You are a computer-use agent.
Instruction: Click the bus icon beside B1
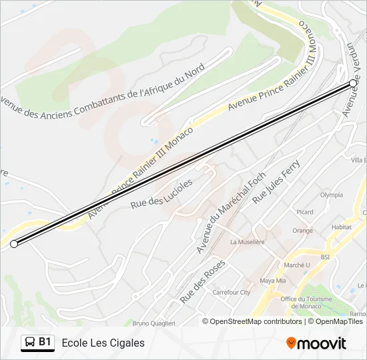pyautogui.click(x=30, y=343)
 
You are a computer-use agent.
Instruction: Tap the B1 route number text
pyautogui.click(x=45, y=343)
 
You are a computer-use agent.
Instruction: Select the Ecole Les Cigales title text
pyautogui.click(x=103, y=343)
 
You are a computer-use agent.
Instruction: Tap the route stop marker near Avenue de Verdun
pyautogui.click(x=353, y=83)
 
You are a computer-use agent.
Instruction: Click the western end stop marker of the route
pyautogui.click(x=14, y=244)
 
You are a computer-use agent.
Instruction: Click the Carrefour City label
pyautogui.click(x=231, y=292)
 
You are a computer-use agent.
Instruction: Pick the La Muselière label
pyautogui.click(x=248, y=243)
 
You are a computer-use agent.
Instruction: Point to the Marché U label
pyautogui.click(x=297, y=265)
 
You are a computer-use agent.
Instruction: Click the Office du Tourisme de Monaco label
pyautogui.click(x=306, y=303)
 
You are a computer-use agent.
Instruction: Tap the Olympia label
pyautogui.click(x=331, y=195)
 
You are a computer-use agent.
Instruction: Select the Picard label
pyautogui.click(x=304, y=213)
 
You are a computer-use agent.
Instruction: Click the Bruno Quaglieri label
pyautogui.click(x=153, y=323)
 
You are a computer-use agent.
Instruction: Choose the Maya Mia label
pyautogui.click(x=272, y=281)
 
